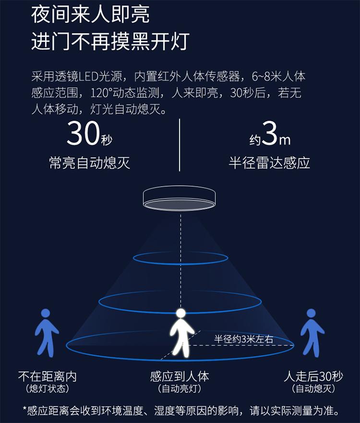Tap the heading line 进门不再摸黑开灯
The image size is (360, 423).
point(110,42)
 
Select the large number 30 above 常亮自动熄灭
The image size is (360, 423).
point(83,134)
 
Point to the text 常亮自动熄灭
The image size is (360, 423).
point(90,162)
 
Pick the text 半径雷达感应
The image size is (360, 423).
point(269,162)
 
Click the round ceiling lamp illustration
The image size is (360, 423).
point(180,198)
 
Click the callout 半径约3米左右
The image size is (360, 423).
point(243,339)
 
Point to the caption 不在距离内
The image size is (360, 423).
point(47,375)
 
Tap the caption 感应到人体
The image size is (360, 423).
point(180,375)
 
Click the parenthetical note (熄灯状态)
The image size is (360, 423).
point(47,388)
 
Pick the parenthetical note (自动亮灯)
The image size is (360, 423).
point(180,388)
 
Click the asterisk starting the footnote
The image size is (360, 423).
point(25,410)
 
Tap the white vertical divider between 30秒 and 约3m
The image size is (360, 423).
point(180,145)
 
